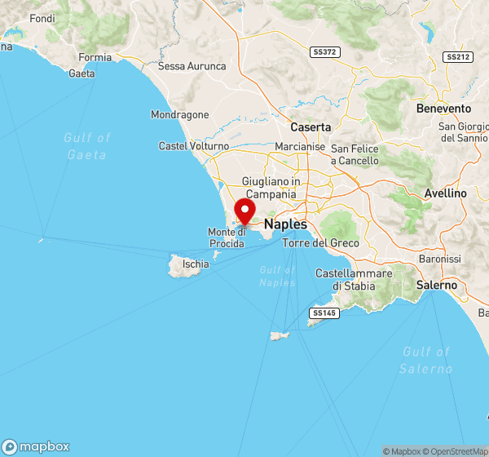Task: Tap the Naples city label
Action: pyautogui.click(x=286, y=224)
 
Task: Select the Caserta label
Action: pyautogui.click(x=311, y=127)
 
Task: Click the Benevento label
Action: pyautogui.click(x=443, y=109)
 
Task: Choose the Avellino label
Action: pyautogui.click(x=446, y=193)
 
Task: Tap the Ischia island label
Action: pyautogui.click(x=196, y=264)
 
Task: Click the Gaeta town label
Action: pyautogui.click(x=81, y=73)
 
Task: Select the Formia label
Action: pyautogui.click(x=95, y=57)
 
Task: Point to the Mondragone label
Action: pyautogui.click(x=180, y=115)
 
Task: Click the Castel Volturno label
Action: pyautogui.click(x=194, y=145)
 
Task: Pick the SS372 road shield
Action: pyautogui.click(x=324, y=52)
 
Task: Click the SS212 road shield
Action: pyautogui.click(x=457, y=57)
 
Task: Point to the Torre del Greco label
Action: pyautogui.click(x=320, y=243)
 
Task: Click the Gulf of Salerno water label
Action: pyautogui.click(x=426, y=360)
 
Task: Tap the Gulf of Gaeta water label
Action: pyautogui.click(x=86, y=145)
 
